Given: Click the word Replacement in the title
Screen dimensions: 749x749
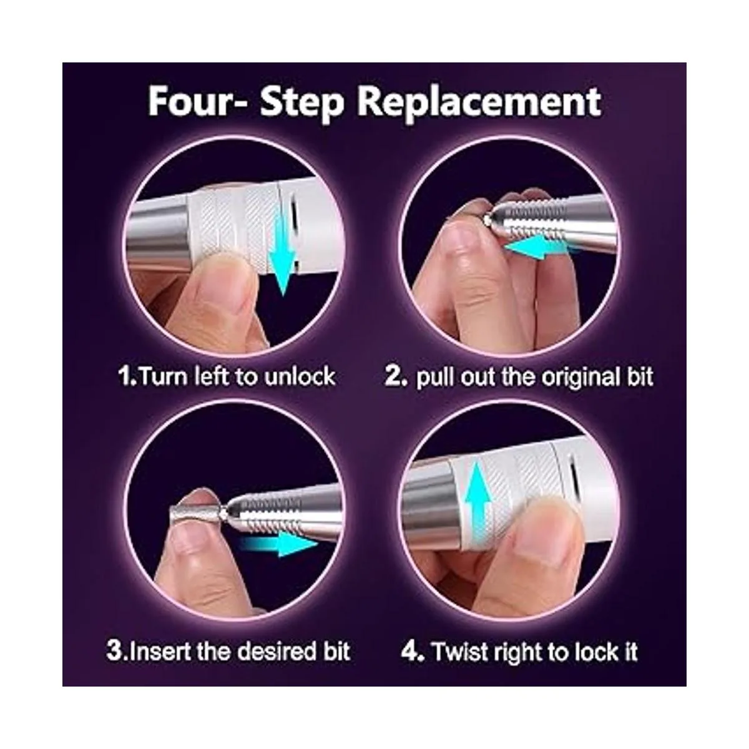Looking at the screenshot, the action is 479,102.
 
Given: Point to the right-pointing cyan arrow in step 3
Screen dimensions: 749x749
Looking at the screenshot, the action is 278,544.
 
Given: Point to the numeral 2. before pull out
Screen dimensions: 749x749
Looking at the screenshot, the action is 396,377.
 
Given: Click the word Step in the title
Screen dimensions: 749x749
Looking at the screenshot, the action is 301,102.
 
